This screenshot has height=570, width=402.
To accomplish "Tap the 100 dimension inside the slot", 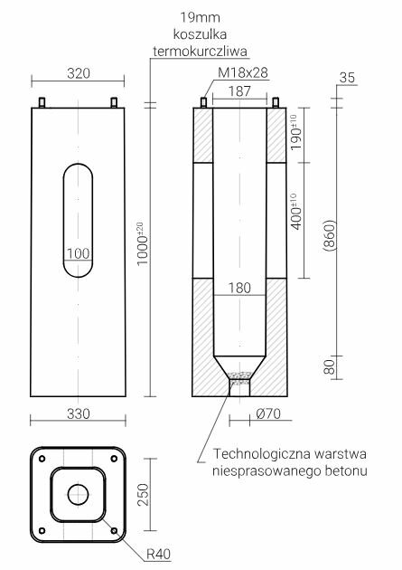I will [x=79, y=254].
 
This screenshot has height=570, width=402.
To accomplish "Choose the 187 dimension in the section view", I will [x=238, y=90].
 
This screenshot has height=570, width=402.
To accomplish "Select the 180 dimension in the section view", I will [x=238, y=289].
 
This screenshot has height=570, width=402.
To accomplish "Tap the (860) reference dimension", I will [x=332, y=237].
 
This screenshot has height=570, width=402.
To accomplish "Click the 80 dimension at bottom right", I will [x=330, y=366].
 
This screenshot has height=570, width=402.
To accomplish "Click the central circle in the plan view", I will [x=77, y=493].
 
